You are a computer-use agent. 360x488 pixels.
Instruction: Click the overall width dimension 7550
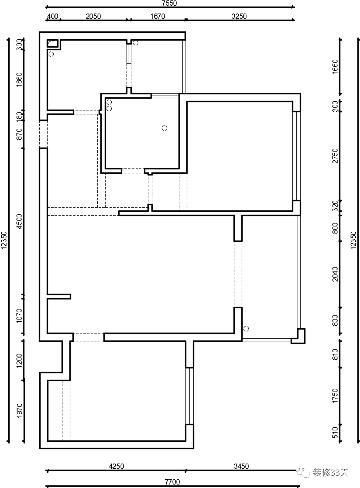click(170, 3)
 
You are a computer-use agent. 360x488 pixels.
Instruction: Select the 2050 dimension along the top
click(93, 17)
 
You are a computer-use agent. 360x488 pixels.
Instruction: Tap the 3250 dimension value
click(239, 17)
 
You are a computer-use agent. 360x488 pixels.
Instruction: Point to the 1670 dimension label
click(158, 17)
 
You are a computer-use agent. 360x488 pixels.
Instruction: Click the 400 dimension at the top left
click(52, 17)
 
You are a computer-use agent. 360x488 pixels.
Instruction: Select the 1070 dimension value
click(19, 316)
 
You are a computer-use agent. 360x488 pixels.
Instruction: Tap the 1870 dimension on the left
click(19, 410)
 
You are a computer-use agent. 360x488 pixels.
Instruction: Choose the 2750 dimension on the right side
click(335, 156)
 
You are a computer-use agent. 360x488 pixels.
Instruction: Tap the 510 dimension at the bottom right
click(335, 433)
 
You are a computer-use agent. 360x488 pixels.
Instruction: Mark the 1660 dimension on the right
click(335, 66)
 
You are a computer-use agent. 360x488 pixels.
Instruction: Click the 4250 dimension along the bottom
click(117, 466)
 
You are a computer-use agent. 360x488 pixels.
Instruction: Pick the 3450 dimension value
click(241, 466)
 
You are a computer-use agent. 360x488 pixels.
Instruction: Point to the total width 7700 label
click(172, 482)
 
